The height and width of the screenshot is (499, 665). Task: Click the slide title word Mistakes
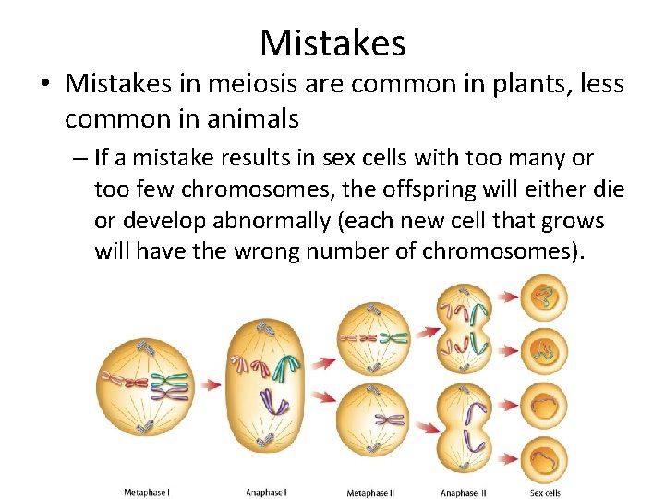(332, 43)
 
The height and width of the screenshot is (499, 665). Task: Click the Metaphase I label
(147, 492)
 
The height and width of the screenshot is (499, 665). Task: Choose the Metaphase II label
(370, 493)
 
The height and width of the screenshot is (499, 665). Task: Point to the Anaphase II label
(464, 493)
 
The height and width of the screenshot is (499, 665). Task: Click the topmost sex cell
(545, 298)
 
